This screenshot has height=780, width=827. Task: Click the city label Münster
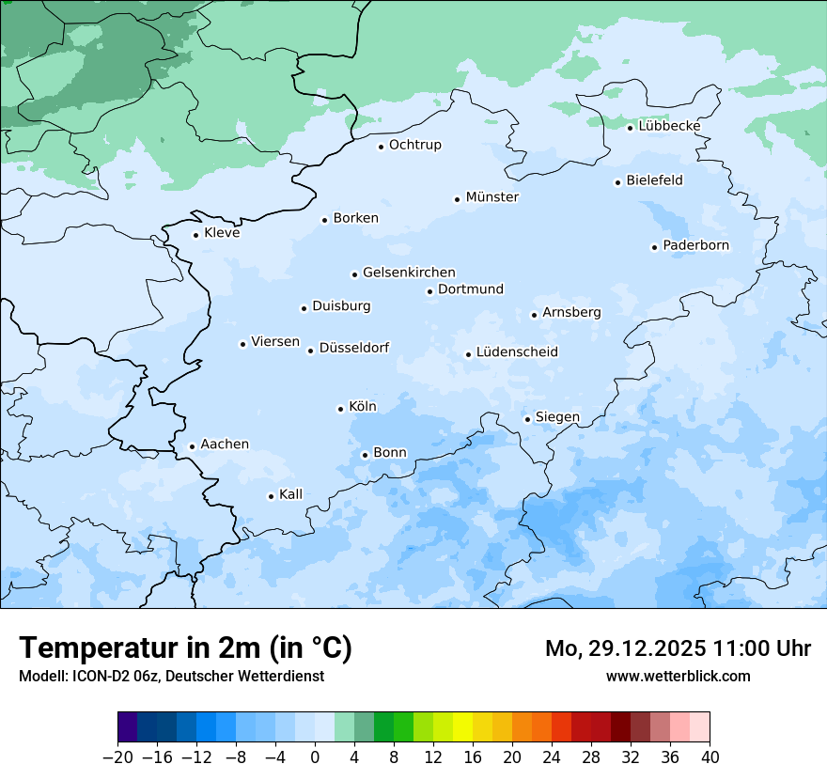click(x=492, y=197)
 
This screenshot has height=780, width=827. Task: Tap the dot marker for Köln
click(x=340, y=409)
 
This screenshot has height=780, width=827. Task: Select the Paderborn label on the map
click(x=695, y=246)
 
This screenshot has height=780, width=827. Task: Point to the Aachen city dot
click(x=192, y=447)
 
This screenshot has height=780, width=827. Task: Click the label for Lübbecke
click(x=669, y=126)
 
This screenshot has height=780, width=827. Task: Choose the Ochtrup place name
click(x=414, y=145)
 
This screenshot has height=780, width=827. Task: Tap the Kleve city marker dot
click(x=195, y=235)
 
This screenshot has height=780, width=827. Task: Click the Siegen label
click(x=557, y=417)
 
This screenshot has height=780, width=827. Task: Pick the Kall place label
click(x=291, y=494)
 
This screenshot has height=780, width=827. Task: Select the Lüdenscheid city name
click(x=517, y=352)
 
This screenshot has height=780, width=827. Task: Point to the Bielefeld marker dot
click(x=618, y=182)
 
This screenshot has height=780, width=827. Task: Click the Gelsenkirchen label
click(x=409, y=273)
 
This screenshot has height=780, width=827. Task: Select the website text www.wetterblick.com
click(x=678, y=676)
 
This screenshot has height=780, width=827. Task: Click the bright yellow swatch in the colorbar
click(x=462, y=727)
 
